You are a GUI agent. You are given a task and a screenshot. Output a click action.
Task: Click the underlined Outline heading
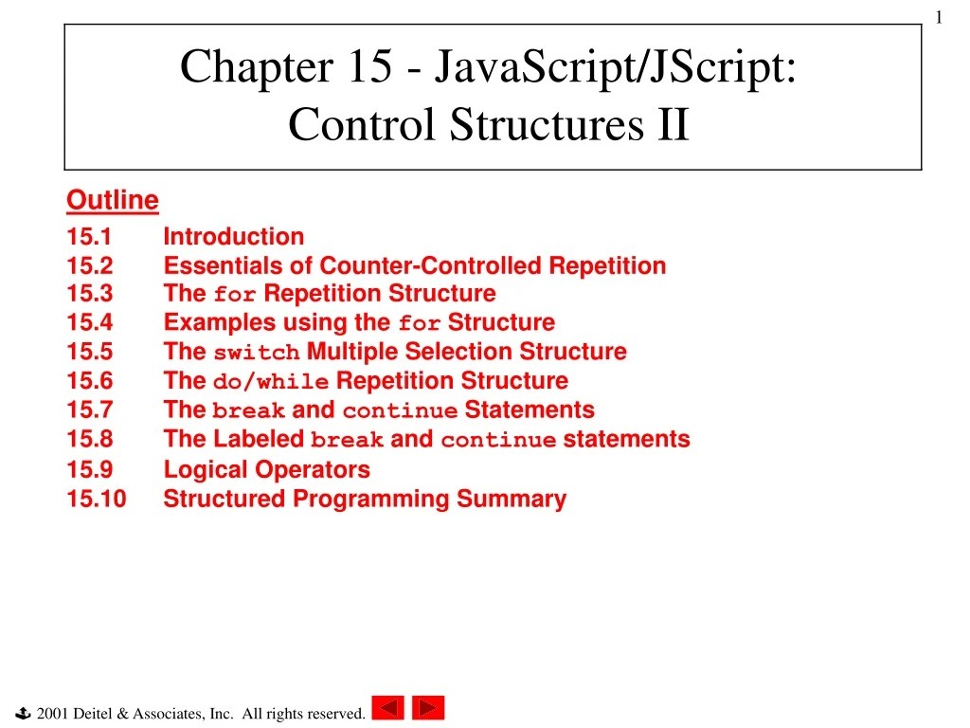point(112,200)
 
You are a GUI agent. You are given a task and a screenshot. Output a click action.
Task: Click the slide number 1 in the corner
point(938,16)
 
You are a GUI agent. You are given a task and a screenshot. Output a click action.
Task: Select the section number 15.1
point(89,237)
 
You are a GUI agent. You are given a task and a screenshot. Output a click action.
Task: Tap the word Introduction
point(233,237)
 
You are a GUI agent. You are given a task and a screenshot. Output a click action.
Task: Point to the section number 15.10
point(96,499)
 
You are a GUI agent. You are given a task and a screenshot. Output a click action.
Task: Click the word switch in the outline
point(256,354)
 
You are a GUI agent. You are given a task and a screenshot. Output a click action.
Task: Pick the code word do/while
point(271,382)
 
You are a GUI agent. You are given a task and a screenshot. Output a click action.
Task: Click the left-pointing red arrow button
point(387,708)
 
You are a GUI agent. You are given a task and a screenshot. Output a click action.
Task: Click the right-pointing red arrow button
point(428,708)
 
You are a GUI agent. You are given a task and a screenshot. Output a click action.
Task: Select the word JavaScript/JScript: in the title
point(615,67)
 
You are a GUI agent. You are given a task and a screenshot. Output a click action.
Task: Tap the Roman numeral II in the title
point(674,123)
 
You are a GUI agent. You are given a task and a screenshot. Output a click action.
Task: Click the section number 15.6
point(89,381)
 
